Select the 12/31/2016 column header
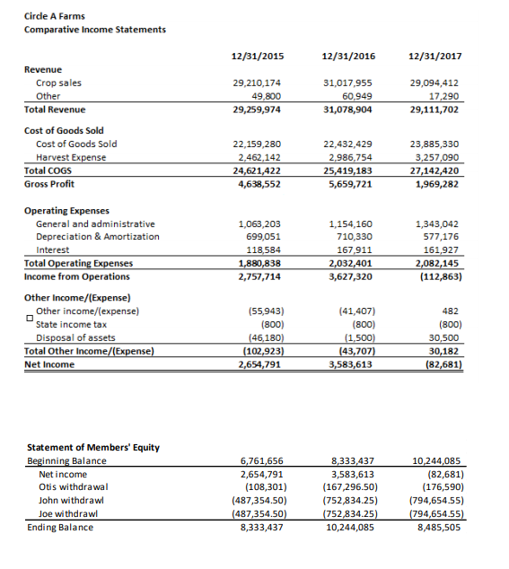pyautogui.click(x=351, y=57)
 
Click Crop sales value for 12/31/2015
pyautogui.click(x=257, y=83)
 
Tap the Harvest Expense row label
pyautogui.click(x=71, y=157)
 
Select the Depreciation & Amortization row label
pyautogui.click(x=98, y=237)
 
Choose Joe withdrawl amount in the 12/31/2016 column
pyautogui.click(x=348, y=513)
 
